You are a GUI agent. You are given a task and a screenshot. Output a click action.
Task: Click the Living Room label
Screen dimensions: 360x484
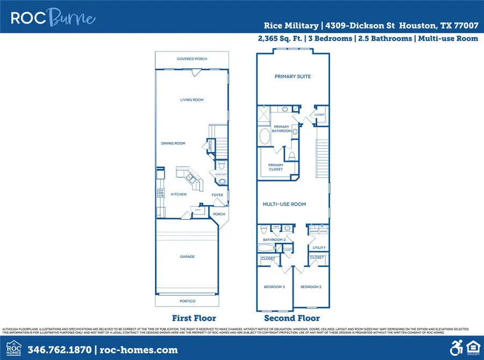point(191,100)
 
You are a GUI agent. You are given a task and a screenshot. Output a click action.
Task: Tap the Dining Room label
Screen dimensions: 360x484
point(173,143)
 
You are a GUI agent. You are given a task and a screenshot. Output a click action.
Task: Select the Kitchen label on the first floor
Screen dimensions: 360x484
point(179,194)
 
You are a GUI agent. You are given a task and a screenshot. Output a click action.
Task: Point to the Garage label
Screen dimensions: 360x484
point(187,257)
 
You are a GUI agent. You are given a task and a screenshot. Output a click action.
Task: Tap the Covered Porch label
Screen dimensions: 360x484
point(192,59)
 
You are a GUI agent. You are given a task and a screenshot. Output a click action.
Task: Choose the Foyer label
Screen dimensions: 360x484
point(217,195)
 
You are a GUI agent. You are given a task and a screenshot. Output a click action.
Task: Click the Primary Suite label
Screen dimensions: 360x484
point(293,77)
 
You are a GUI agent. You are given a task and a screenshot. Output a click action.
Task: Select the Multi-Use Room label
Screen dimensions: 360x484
point(284,204)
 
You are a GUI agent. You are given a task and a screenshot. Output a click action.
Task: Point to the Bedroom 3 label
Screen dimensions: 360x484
point(274,287)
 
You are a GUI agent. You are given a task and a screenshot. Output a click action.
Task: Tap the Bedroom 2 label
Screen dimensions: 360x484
point(311,287)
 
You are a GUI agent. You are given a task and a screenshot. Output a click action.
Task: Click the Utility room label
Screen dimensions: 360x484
point(319,248)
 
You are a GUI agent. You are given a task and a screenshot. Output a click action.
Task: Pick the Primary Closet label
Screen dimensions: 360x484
point(276,167)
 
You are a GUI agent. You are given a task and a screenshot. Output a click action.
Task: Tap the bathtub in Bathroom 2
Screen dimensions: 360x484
point(266,249)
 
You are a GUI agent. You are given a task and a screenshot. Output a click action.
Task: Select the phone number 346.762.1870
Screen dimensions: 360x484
point(59,350)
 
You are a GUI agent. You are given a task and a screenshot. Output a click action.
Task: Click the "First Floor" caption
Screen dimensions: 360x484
point(194,318)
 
